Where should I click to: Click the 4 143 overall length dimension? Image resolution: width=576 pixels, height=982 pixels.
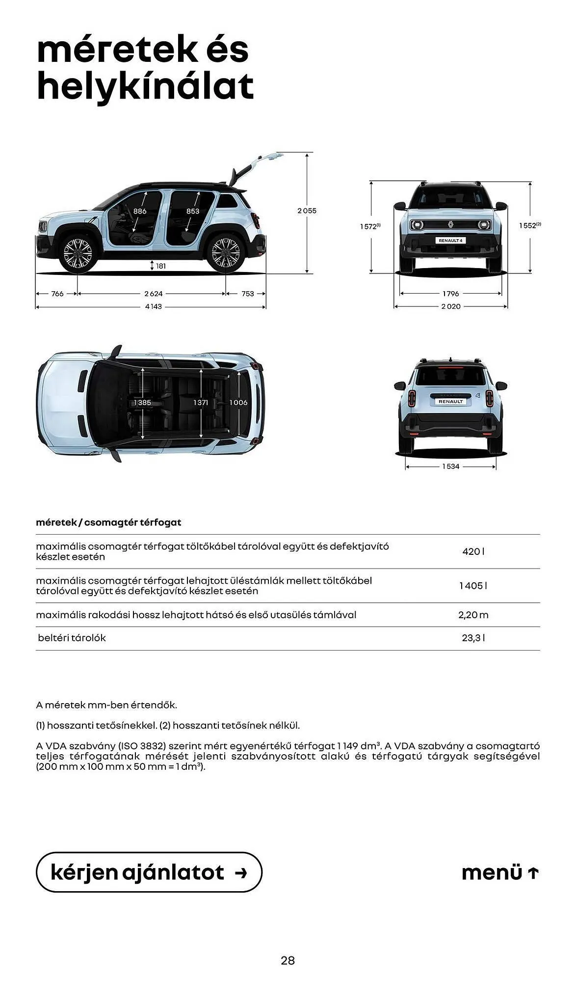(153, 306)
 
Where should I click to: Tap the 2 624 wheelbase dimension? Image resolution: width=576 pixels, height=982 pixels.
(153, 294)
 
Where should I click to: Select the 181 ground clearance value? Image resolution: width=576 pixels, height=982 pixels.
(161, 266)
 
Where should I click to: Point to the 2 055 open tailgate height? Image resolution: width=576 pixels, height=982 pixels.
(307, 211)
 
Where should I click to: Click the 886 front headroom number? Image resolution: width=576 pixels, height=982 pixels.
(140, 211)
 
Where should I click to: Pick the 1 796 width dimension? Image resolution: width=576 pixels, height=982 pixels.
(450, 294)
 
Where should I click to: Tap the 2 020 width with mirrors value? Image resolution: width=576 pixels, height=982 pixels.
(450, 306)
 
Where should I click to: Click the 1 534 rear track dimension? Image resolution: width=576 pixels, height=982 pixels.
(450, 466)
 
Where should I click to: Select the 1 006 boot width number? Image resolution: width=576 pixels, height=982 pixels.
(238, 403)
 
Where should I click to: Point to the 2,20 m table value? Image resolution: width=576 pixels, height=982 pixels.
(473, 615)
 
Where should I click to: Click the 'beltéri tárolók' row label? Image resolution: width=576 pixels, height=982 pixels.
(72, 638)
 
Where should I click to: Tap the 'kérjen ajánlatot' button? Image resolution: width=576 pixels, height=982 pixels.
(149, 873)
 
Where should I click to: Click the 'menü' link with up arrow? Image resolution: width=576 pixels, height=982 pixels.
(500, 873)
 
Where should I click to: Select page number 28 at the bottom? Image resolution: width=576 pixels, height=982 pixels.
(288, 960)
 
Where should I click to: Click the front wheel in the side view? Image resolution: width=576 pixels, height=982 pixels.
(78, 252)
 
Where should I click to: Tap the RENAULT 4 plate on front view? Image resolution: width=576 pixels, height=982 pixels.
(450, 241)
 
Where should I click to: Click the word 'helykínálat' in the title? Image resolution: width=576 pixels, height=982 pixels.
(145, 86)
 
